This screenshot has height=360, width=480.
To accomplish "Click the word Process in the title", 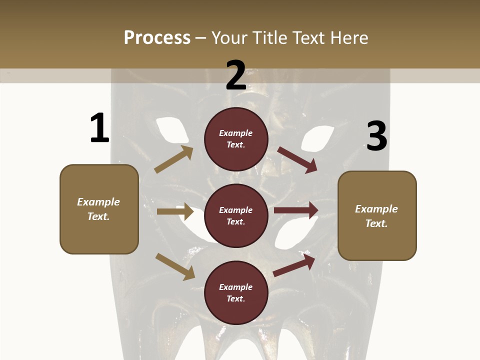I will (x=157, y=37).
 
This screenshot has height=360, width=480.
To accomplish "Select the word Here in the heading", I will (x=347, y=37).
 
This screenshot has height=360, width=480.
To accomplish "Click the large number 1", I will (x=99, y=128).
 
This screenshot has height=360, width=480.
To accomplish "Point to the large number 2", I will (x=236, y=75).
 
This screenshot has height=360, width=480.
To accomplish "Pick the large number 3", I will (x=376, y=136).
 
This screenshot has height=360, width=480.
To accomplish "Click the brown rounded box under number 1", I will (x=99, y=209).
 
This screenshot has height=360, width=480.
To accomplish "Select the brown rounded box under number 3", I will (x=377, y=216).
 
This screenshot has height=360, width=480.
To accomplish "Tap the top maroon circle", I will (x=236, y=139).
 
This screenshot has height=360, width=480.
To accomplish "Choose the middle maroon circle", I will (x=236, y=215).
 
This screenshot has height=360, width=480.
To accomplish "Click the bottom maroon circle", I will (x=236, y=292).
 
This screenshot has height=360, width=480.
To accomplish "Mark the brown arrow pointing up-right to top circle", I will (x=173, y=159).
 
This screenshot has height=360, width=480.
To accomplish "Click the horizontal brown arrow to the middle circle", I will (x=175, y=211).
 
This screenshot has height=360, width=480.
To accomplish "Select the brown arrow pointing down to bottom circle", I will (x=175, y=266).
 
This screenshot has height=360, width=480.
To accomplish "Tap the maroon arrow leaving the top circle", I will (x=297, y=159).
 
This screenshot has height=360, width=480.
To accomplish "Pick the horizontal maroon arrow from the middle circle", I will (x=296, y=210).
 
